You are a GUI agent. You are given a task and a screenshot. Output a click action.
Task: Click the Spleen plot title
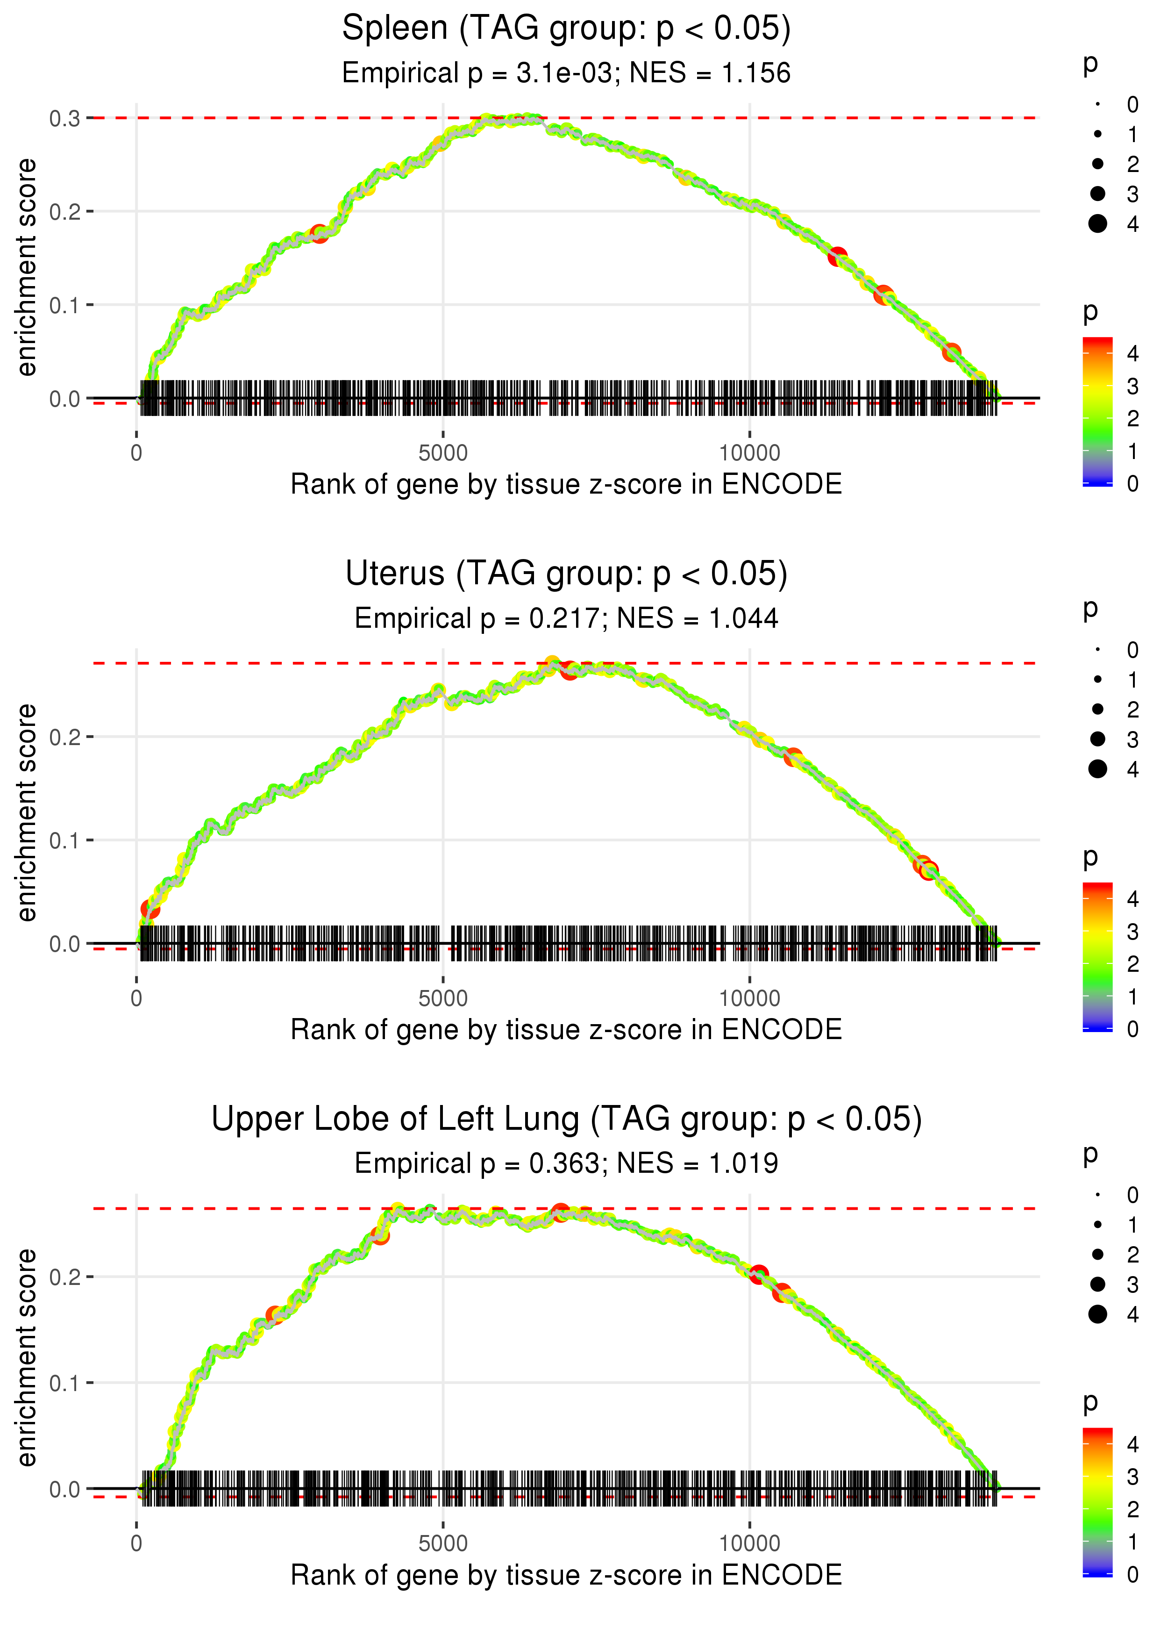click(566, 29)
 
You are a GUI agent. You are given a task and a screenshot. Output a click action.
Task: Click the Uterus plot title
click(566, 574)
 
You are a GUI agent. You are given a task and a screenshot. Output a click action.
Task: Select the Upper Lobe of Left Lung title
click(566, 1119)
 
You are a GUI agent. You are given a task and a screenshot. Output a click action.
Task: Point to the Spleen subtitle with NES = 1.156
click(566, 73)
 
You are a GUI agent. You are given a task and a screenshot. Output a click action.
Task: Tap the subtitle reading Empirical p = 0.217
click(566, 619)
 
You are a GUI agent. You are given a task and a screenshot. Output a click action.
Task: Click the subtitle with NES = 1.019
click(566, 1163)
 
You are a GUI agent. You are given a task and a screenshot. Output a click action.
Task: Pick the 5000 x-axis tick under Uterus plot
click(443, 998)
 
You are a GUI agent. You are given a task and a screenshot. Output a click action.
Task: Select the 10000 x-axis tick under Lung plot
click(749, 1544)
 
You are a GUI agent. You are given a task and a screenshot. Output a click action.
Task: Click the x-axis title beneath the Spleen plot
click(566, 484)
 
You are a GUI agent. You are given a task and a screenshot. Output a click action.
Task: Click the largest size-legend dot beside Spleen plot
click(1097, 224)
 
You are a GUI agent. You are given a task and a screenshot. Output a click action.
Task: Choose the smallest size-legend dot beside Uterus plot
click(1097, 650)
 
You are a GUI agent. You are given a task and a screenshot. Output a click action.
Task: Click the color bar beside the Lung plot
click(1097, 1501)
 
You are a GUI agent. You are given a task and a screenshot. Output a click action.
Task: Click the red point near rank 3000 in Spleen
click(319, 234)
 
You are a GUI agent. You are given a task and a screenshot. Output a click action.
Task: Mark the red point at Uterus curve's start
click(150, 909)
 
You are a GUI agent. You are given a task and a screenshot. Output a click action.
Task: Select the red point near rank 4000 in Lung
click(380, 1235)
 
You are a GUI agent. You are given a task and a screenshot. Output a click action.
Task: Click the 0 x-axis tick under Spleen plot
click(136, 453)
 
